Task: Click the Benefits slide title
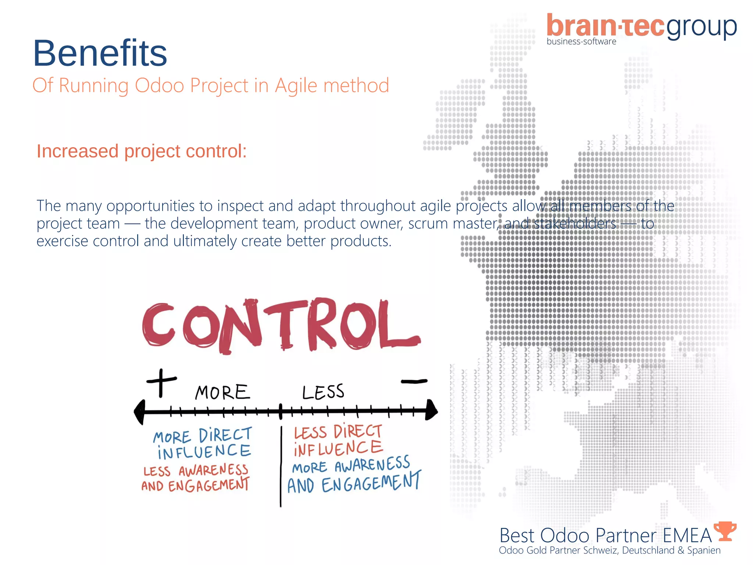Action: click(x=100, y=53)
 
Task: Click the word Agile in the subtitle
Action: click(x=296, y=86)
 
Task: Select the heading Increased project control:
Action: click(x=142, y=151)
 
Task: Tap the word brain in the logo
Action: click(x=581, y=26)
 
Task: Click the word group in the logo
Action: click(x=702, y=27)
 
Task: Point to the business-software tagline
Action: click(x=581, y=42)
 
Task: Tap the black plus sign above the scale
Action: click(x=161, y=382)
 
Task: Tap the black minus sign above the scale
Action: click(x=414, y=381)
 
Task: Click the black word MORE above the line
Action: click(x=222, y=392)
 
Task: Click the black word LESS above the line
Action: click(x=323, y=392)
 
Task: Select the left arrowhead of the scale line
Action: click(x=140, y=412)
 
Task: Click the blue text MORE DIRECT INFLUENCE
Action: click(x=203, y=444)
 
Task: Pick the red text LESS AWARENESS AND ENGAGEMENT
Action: click(x=196, y=478)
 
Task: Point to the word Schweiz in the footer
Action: click(x=600, y=551)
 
